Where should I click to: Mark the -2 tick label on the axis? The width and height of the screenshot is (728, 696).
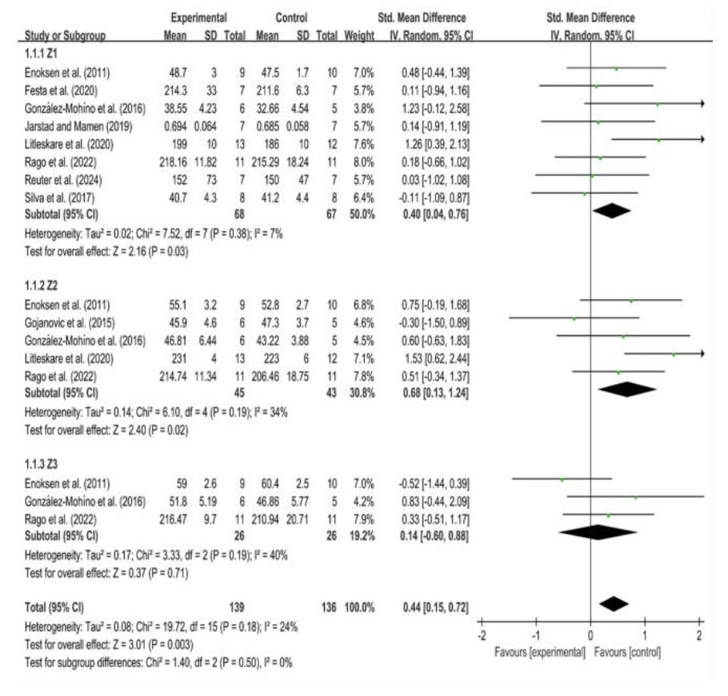coord(481,635)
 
